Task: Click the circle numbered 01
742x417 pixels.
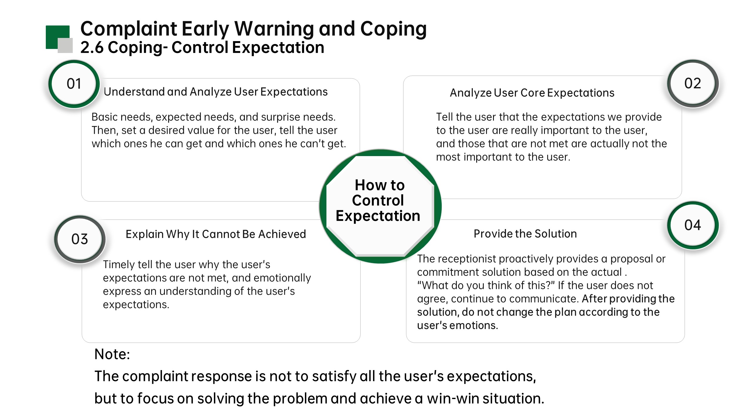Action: coord(74,84)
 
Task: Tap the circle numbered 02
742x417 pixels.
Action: coord(693,83)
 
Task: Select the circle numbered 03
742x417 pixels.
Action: coord(80,239)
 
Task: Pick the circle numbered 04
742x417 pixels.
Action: coord(693,225)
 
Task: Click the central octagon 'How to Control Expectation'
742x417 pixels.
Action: coord(380,206)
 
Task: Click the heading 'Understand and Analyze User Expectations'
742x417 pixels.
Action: coord(216,92)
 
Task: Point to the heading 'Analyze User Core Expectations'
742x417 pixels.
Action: coord(532,93)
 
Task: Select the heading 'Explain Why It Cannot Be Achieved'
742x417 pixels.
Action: coord(216,234)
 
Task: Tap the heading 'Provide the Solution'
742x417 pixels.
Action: coord(525,234)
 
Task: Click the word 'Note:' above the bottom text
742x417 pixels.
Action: coord(112,354)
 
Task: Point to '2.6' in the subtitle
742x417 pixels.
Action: coord(92,47)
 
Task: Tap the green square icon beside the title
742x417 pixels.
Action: coord(58,37)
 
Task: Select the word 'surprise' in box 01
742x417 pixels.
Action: coord(280,117)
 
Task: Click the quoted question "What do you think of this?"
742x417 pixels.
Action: coord(486,286)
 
